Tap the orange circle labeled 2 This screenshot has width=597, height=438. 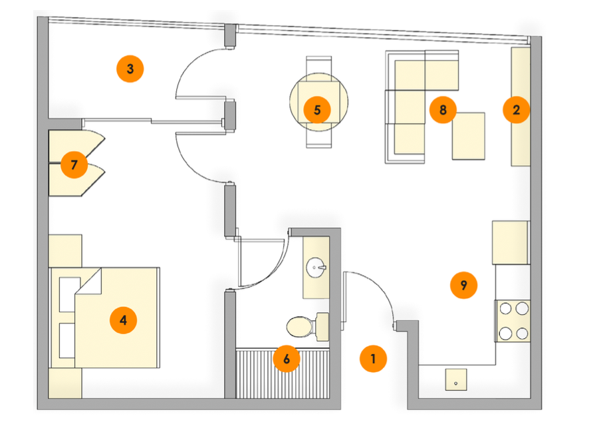pyautogui.click(x=516, y=110)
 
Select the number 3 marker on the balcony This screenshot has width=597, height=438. pyautogui.click(x=130, y=68)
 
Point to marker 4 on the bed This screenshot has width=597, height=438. pyautogui.click(x=123, y=321)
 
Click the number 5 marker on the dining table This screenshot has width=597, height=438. pyautogui.click(x=317, y=109)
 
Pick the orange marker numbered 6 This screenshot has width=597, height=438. pyautogui.click(x=287, y=359)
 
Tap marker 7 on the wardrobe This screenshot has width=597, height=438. pyautogui.click(x=74, y=164)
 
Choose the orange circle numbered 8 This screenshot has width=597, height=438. pyautogui.click(x=443, y=109)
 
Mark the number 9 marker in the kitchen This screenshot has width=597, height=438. pyautogui.click(x=463, y=285)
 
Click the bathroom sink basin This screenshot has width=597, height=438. pyautogui.click(x=316, y=270)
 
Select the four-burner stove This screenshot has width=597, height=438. pyautogui.click(x=513, y=320)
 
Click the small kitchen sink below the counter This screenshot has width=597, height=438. pyautogui.click(x=455, y=381)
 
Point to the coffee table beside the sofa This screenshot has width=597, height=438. pyautogui.click(x=469, y=136)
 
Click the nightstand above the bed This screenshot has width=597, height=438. pyautogui.click(x=66, y=250)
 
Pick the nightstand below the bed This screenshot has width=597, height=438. pyautogui.click(x=66, y=384)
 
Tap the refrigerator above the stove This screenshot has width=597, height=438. pyautogui.click(x=510, y=243)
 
